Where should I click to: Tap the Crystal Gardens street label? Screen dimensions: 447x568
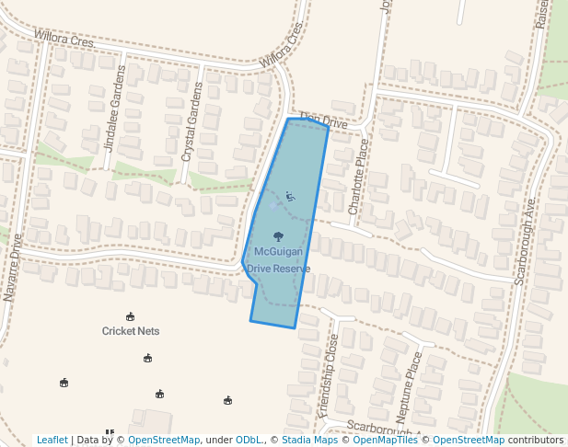pos(191,121)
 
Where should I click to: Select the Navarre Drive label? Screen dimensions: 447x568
pos(12,268)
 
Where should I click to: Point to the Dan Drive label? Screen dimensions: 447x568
pos(321,120)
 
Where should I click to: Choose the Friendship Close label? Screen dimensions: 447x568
pos(328,376)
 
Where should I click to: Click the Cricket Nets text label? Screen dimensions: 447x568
pos(131,331)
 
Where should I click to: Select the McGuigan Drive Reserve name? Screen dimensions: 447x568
pos(278,259)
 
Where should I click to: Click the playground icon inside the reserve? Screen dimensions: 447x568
pos(290,196)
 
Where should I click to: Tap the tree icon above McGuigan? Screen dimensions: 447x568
pos(278,235)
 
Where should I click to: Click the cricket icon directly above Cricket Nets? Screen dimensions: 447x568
pos(130,316)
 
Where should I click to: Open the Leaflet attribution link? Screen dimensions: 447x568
pos(52,440)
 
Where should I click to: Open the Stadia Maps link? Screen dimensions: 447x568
pos(309,440)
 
